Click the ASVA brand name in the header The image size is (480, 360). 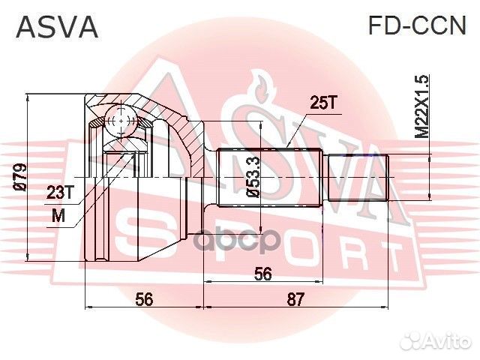click(x=57, y=26)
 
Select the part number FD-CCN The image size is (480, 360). click(x=416, y=26)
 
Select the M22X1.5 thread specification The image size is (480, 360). click(x=422, y=105)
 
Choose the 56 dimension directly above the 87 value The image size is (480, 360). click(x=262, y=274)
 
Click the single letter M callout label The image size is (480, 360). click(x=58, y=217)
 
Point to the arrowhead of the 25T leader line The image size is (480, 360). click(x=287, y=149)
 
